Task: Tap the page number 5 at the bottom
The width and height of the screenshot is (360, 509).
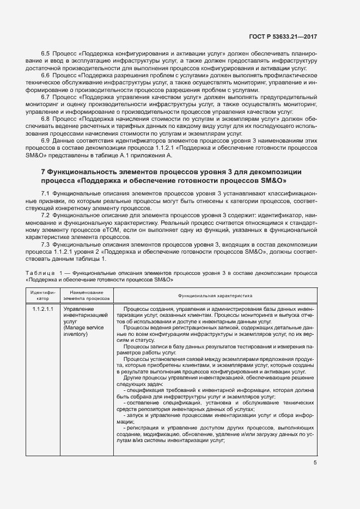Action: pos(315,463)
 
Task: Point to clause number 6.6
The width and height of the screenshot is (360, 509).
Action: pos(46,75)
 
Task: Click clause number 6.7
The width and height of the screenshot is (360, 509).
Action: pos(46,96)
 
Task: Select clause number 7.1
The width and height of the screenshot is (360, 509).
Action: pos(46,194)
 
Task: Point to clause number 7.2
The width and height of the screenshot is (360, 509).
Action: pos(46,216)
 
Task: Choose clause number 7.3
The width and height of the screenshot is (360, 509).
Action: pos(46,244)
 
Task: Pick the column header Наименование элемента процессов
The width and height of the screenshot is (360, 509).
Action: pos(87,296)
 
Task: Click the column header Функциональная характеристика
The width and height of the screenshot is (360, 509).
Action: pos(215,295)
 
